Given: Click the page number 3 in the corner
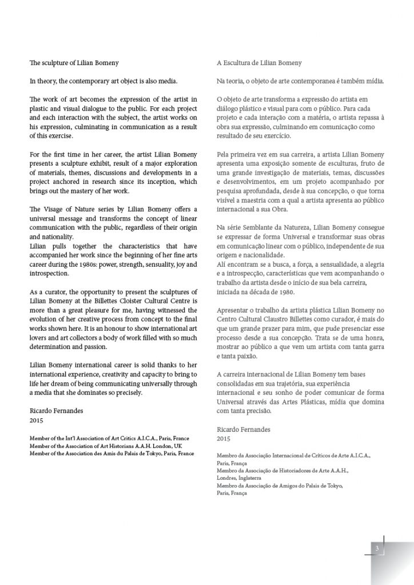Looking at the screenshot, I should pos(377,548).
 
